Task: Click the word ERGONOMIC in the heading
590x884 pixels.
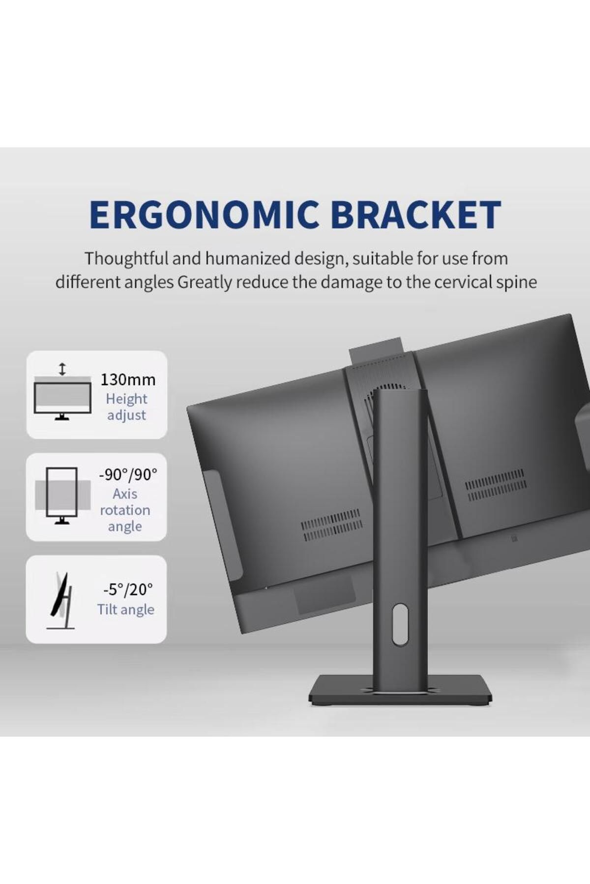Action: click(x=205, y=215)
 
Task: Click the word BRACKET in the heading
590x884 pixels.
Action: click(x=416, y=215)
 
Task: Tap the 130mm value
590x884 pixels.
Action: click(x=128, y=380)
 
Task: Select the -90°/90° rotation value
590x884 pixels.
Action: click(x=128, y=474)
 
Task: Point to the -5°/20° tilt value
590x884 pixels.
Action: click(x=128, y=589)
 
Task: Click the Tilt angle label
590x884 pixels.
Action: click(x=126, y=609)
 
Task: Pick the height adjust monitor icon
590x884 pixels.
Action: click(x=62, y=398)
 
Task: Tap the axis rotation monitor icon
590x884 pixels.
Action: click(x=62, y=496)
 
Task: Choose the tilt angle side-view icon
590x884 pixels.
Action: click(x=61, y=601)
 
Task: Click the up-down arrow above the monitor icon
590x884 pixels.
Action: click(x=62, y=369)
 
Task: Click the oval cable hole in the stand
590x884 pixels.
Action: click(x=400, y=624)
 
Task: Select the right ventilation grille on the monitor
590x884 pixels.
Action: click(x=496, y=484)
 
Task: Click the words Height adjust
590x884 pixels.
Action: click(x=126, y=407)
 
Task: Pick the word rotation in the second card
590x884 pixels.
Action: click(x=125, y=510)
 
